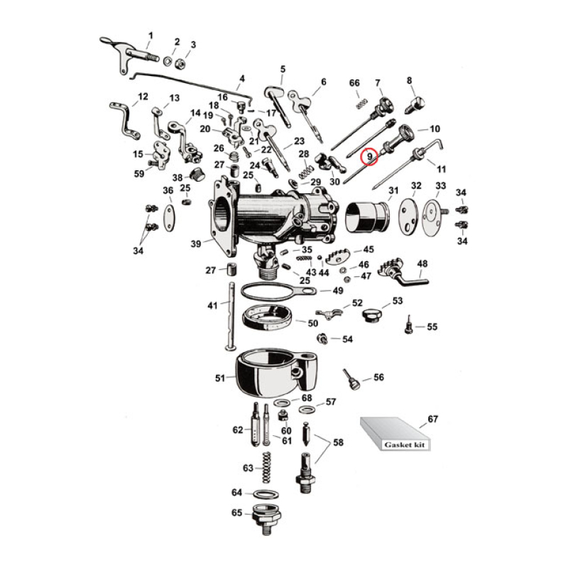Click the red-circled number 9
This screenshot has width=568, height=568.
coord(369,155)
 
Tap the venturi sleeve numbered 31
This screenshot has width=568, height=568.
coord(367,215)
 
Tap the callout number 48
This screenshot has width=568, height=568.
coord(422,264)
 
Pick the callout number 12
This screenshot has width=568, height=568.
coord(143,97)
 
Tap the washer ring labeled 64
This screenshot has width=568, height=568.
coord(264,493)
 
